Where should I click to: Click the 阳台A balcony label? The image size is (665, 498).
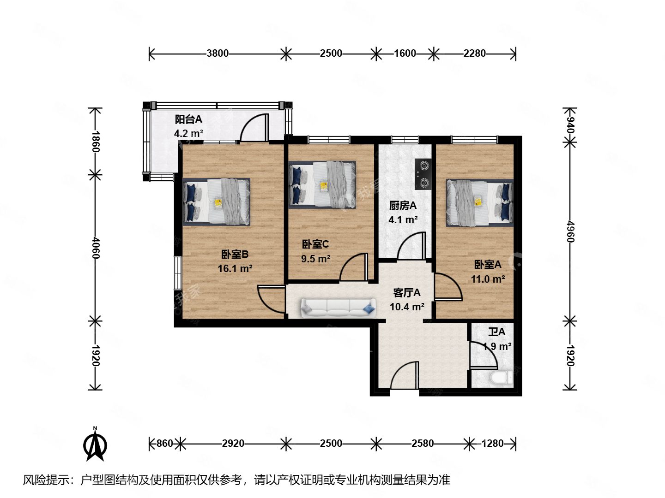(x=188, y=119)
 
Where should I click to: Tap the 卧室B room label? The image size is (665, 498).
(x=235, y=254)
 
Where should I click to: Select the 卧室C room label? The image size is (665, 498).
(x=315, y=244)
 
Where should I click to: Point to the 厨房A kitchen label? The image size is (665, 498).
(x=403, y=206)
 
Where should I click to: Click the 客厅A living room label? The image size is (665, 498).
(x=407, y=293)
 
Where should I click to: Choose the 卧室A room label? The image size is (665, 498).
(x=488, y=265)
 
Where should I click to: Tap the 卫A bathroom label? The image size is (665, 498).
(x=497, y=332)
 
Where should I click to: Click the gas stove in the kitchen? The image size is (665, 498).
(x=423, y=174)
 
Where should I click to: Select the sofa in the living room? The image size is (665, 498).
(x=338, y=308)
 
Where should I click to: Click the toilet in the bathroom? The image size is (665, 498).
(x=502, y=378)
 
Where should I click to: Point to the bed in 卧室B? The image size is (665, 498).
(x=216, y=202)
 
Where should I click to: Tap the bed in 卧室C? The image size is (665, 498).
(x=322, y=185)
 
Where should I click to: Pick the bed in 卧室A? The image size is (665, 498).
(x=479, y=203)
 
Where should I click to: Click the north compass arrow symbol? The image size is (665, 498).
(x=95, y=445)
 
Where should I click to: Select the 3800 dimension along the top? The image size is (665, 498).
(x=218, y=53)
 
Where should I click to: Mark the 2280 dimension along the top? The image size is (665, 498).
(x=475, y=53)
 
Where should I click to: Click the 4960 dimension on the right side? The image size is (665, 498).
(x=571, y=231)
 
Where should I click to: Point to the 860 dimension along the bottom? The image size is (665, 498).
(x=164, y=444)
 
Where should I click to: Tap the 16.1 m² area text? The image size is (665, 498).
(x=235, y=269)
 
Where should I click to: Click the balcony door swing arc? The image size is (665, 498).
(x=253, y=127)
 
